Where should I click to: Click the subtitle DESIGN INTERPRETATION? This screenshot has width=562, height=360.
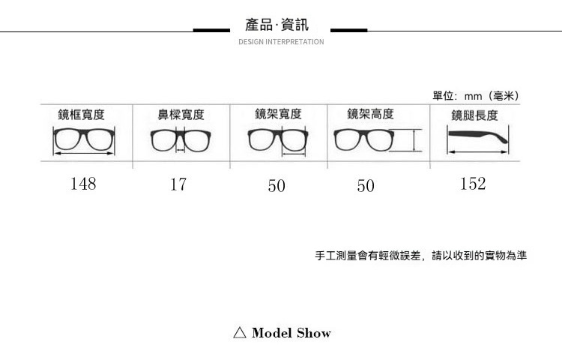(x=281, y=42)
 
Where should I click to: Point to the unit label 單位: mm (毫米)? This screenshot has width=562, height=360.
(x=476, y=96)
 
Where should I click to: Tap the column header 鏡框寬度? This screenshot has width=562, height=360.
(x=82, y=115)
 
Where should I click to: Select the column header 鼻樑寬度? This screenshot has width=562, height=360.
(x=180, y=115)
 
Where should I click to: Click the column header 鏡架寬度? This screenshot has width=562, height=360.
(x=278, y=114)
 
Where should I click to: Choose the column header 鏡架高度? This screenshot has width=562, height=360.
(x=370, y=114)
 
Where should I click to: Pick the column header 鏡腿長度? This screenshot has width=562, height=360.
(x=474, y=115)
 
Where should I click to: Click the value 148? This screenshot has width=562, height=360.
(x=83, y=184)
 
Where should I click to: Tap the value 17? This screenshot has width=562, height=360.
(x=178, y=184)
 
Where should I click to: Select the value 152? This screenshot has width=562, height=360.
(x=473, y=184)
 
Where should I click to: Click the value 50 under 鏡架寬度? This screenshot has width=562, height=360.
(x=277, y=185)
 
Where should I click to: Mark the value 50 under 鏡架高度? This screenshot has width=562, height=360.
(x=366, y=185)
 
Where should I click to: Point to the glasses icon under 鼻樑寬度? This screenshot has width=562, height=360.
(x=181, y=139)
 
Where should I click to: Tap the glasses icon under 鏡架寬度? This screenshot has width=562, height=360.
(x=277, y=140)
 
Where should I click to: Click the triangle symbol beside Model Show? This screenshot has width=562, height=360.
(x=240, y=333)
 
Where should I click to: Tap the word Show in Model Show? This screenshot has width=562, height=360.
(x=313, y=333)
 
